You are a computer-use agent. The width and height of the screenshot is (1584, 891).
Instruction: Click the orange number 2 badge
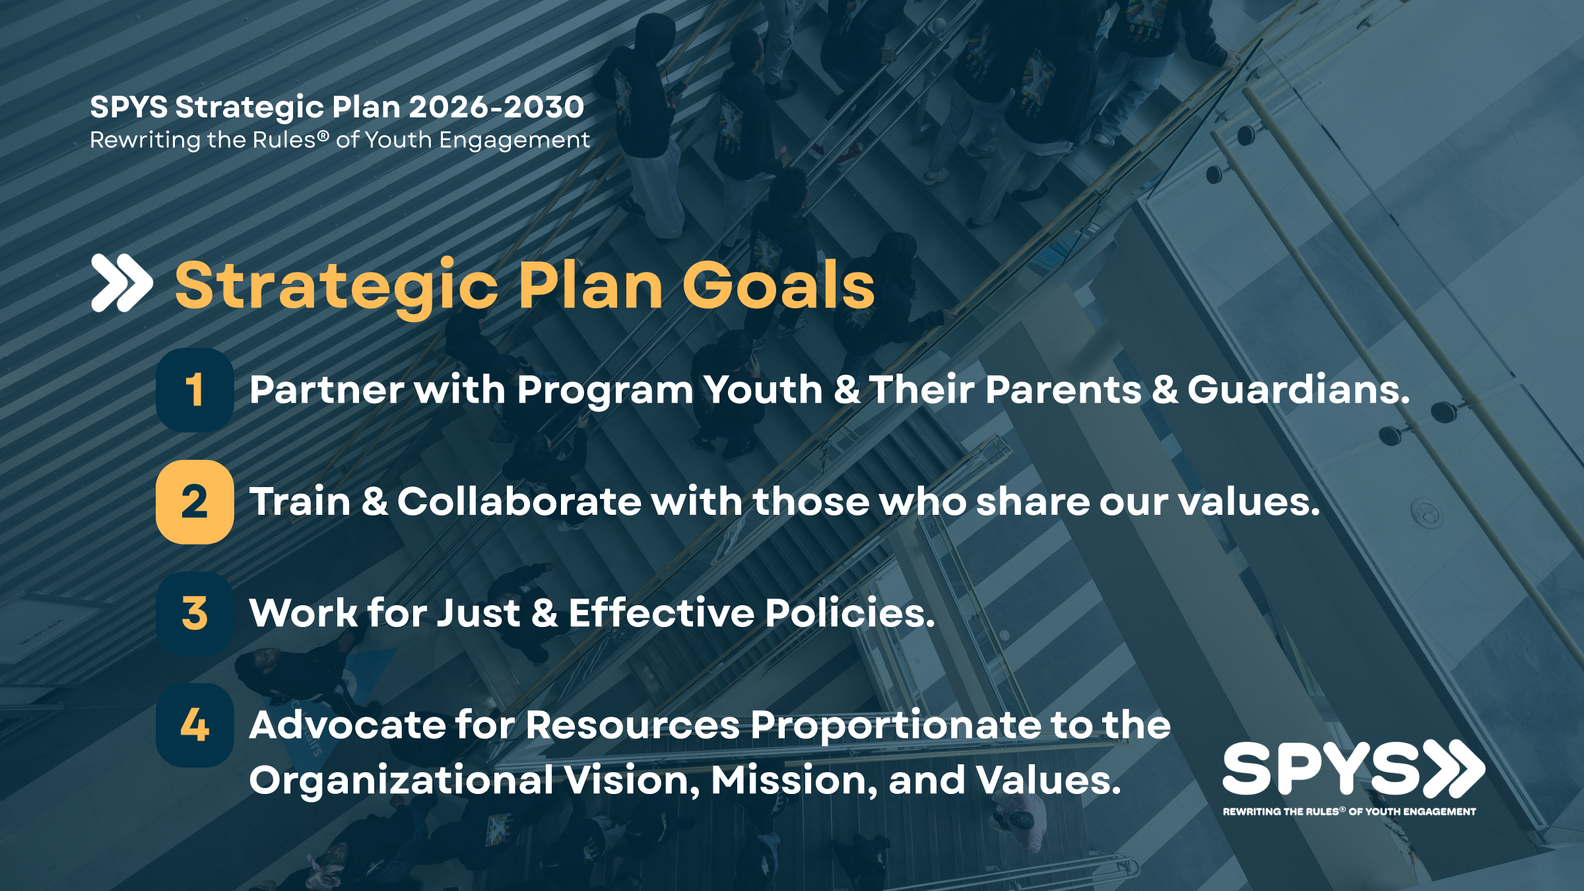[x=195, y=502]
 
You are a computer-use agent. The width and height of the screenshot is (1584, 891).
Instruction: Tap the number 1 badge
[x=195, y=390]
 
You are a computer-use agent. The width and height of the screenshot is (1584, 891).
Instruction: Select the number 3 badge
[x=195, y=613]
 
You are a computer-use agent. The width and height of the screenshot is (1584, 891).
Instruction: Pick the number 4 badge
[x=195, y=725]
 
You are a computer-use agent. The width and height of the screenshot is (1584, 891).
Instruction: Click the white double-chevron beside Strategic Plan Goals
[x=122, y=282]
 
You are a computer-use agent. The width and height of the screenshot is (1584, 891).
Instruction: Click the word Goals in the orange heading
[x=778, y=285]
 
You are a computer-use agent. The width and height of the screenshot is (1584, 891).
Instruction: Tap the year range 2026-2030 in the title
[x=496, y=107]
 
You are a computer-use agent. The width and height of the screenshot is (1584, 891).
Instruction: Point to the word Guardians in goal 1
[x=1299, y=389]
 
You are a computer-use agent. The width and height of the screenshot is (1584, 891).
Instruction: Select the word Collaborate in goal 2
[x=519, y=502]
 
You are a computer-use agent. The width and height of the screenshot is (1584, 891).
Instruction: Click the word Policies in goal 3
[x=850, y=612]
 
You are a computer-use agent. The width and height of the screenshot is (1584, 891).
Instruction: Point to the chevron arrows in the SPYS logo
[x=1454, y=768]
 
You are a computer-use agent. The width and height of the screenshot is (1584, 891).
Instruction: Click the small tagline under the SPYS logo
[x=1350, y=811]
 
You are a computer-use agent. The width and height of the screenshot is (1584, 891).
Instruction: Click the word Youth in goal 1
[x=763, y=389]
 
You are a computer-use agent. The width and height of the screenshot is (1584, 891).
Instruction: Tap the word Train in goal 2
[x=300, y=502]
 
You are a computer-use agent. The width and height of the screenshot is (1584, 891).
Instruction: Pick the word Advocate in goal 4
[x=348, y=725]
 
